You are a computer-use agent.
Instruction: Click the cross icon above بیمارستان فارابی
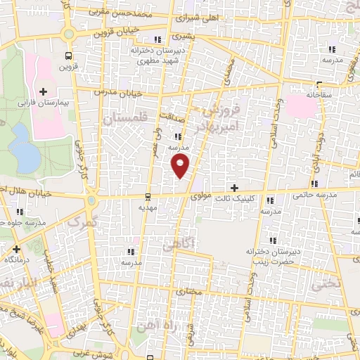coord(44,91)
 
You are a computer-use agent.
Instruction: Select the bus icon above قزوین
coord(68,56)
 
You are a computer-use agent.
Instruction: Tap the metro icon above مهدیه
coord(148,196)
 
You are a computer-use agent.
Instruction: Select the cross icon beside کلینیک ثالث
coord(234,188)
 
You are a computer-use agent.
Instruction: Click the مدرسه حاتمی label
coord(314,195)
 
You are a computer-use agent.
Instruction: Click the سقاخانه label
coord(319,94)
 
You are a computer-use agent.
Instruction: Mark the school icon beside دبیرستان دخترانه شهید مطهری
coord(157,39)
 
